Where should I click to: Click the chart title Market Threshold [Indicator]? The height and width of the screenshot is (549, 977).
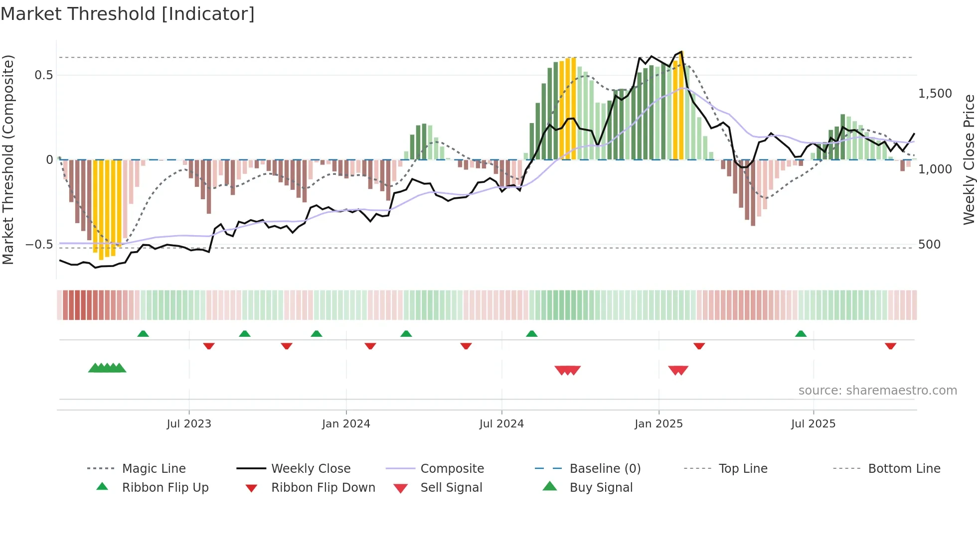click(x=128, y=14)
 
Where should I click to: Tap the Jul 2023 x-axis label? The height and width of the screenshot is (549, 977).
click(x=189, y=424)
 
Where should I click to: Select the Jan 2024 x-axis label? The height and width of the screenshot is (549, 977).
click(x=346, y=424)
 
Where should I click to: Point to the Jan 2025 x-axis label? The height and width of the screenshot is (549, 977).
click(x=658, y=424)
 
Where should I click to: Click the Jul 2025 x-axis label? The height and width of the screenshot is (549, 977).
click(x=813, y=424)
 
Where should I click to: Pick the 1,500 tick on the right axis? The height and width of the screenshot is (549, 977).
click(x=935, y=94)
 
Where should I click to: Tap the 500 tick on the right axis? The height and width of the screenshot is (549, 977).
click(x=929, y=245)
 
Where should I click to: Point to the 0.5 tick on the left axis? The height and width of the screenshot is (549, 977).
click(x=43, y=75)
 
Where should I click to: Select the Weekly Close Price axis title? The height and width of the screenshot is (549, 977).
click(x=969, y=159)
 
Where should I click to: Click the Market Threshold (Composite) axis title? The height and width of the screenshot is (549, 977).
click(x=8, y=159)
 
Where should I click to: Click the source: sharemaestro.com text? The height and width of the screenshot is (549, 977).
click(x=877, y=391)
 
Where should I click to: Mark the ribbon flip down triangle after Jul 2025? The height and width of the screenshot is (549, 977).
click(x=890, y=346)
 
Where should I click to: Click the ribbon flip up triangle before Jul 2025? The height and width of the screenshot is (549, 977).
click(x=801, y=334)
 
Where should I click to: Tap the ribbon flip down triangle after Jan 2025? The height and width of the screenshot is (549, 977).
click(x=699, y=346)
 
